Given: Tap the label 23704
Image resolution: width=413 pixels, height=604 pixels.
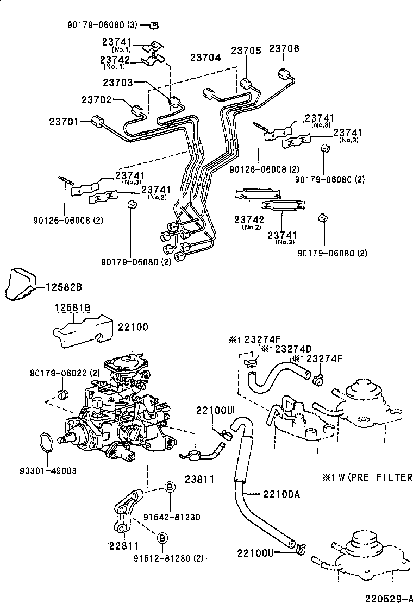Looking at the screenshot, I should (205, 58).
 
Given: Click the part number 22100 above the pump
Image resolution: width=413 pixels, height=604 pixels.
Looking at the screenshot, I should (133, 327).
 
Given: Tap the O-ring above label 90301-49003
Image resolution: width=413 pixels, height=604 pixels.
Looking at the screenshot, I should (47, 441).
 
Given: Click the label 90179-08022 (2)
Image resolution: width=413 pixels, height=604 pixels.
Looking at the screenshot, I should (65, 373).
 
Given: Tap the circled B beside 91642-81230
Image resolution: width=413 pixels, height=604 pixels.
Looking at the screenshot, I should (169, 488).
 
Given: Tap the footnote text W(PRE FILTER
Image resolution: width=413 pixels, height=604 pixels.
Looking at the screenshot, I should (374, 477).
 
